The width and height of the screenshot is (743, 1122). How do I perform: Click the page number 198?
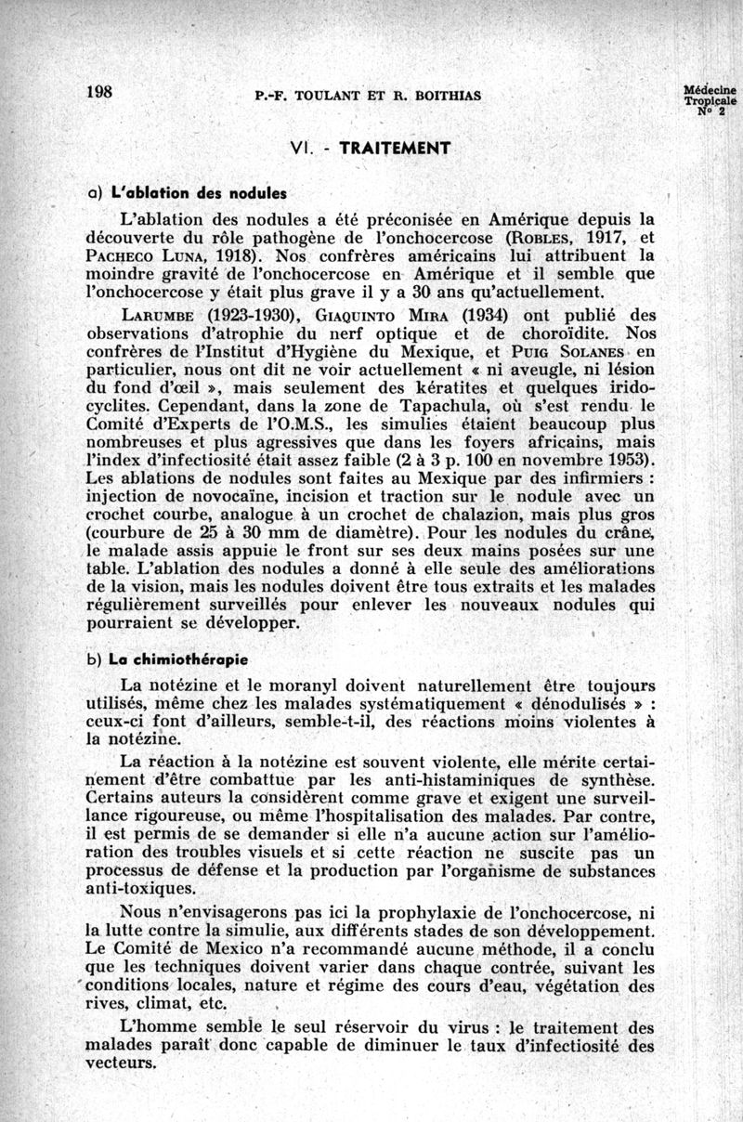(x=98, y=91)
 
